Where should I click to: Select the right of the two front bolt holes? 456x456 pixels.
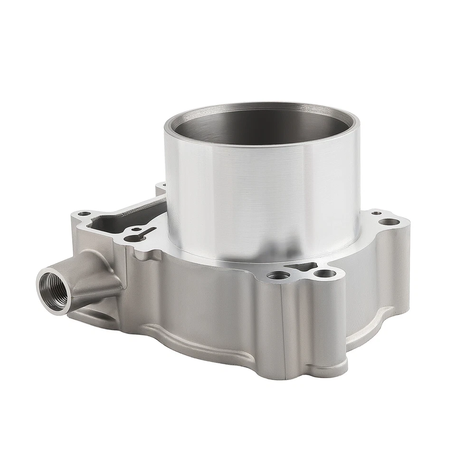324,274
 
